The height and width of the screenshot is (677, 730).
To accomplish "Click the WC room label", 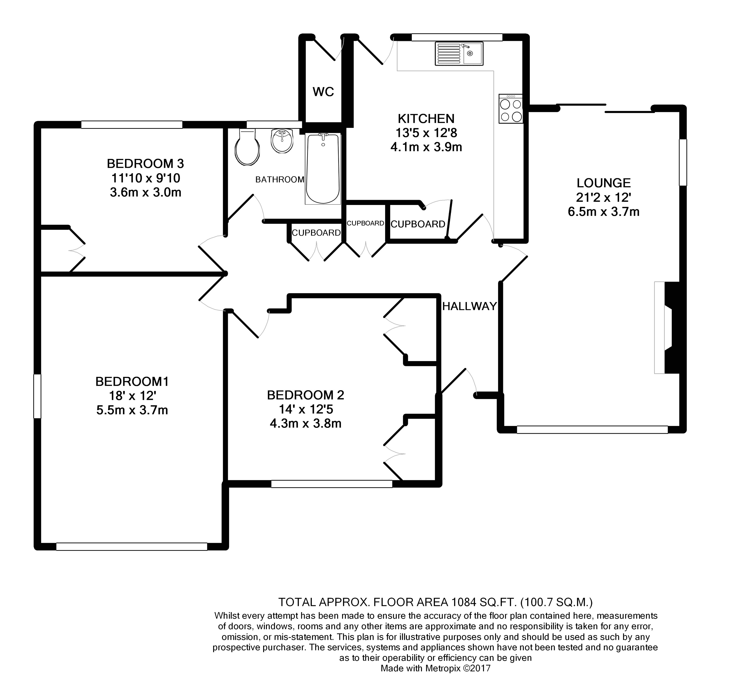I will (x=323, y=92).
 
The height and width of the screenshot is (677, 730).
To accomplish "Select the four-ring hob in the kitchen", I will (x=511, y=109).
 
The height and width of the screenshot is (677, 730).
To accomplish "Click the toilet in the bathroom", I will (x=247, y=148).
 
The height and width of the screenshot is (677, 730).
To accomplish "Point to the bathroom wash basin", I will (x=282, y=141).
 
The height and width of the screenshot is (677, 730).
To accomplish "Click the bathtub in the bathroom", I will (x=323, y=169).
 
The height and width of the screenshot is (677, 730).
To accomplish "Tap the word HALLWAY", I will (x=469, y=306).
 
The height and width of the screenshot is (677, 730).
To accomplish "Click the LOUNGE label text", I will (x=603, y=183).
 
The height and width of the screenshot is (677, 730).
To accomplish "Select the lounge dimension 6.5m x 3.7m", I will (x=603, y=212).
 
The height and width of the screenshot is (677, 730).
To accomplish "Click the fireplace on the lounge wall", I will (x=666, y=327).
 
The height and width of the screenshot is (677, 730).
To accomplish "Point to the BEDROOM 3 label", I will (x=145, y=163).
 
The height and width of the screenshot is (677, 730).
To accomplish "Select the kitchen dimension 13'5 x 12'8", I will (x=426, y=133).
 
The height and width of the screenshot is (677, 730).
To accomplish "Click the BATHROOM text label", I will (x=280, y=180).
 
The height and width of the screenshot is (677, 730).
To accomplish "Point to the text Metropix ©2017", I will (x=458, y=669).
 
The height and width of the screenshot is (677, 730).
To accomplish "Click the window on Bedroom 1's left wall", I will (x=37, y=396).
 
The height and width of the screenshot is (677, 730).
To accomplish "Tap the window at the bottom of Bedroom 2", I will (x=332, y=484).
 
